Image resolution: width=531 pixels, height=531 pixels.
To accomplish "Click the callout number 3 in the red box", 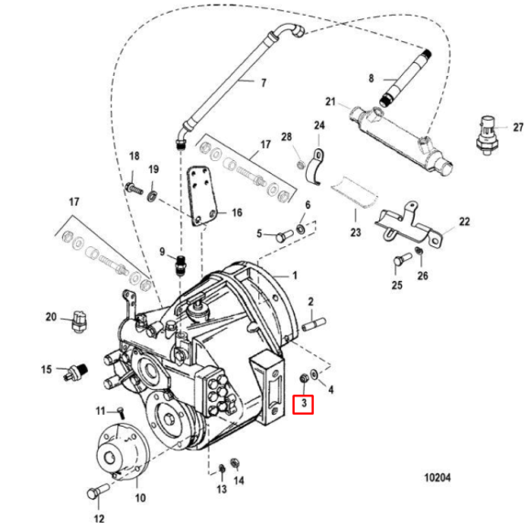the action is (x=304, y=404).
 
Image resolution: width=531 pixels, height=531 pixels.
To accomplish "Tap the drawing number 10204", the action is (x=438, y=478).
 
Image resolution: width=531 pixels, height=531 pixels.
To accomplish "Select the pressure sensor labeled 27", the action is (x=488, y=135).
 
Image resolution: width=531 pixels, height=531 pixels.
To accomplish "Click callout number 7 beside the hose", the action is (x=264, y=82).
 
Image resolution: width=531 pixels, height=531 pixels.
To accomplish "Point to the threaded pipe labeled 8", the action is (x=406, y=78).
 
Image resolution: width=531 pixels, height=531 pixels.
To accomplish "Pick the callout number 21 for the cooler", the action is (x=331, y=102).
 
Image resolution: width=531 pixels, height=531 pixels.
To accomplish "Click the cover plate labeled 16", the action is (x=202, y=197).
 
